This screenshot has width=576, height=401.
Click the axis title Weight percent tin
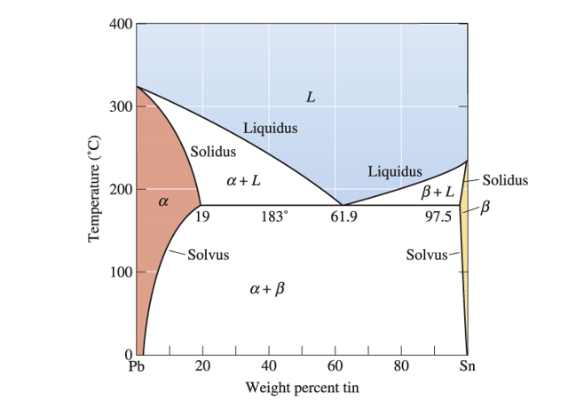(302, 387)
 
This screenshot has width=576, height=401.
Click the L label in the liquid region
(310, 97)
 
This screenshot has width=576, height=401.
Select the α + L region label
(243, 181)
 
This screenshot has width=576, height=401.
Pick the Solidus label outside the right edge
(505, 180)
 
